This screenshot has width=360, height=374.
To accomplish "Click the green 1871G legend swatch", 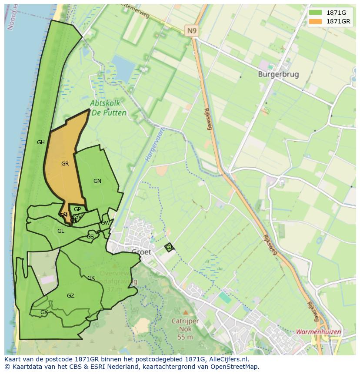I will pyautogui.click(x=316, y=13).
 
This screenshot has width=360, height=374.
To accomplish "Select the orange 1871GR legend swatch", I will pyautogui.click(x=316, y=21).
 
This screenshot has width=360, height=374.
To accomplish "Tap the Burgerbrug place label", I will pyautogui.click(x=278, y=74).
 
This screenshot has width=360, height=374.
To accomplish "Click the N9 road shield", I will pyautogui.click(x=191, y=30).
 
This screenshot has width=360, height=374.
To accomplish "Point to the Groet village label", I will pyautogui.click(x=141, y=252).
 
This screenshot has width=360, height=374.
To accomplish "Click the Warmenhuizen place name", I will pyautogui.click(x=318, y=332).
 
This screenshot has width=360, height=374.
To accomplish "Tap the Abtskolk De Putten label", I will pyautogui.click(x=108, y=108).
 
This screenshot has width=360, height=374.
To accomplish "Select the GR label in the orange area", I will pyautogui.click(x=65, y=164).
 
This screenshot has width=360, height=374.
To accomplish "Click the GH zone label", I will pyautogui.click(x=41, y=142).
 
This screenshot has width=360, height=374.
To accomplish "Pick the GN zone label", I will pyautogui.click(x=97, y=181).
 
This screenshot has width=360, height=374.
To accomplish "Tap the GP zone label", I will pyautogui.click(x=77, y=209).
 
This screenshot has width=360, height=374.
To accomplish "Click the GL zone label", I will pyautogui.click(x=61, y=231).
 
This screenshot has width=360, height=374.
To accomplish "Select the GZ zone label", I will pyautogui.click(x=70, y=296).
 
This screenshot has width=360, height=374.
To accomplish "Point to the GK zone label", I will pyautogui.click(x=91, y=278).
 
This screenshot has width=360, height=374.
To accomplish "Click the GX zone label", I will pyautogui.click(x=44, y=312).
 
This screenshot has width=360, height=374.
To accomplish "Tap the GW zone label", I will pyautogui.click(x=105, y=223).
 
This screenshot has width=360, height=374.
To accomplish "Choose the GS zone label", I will pyautogui.click(x=90, y=237).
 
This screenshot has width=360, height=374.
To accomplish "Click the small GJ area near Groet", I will pyautogui.click(x=169, y=247).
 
